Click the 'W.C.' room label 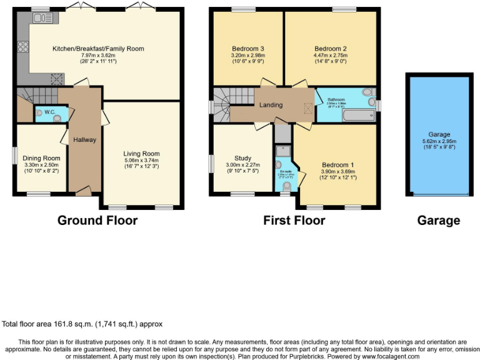[50, 112]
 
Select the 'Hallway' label [84, 139]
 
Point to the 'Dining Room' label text [41, 158]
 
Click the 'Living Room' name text [141, 154]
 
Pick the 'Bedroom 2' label [330, 49]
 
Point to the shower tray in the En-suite [282, 151]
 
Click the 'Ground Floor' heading [97, 220]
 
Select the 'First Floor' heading [294, 220]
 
